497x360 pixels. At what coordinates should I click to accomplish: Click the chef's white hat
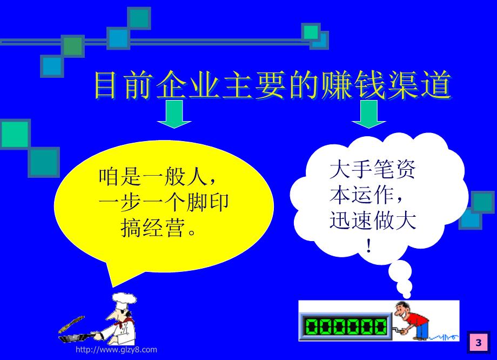125,299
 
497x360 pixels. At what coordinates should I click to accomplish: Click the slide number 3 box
478,342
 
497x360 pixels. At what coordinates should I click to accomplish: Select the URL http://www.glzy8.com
116,350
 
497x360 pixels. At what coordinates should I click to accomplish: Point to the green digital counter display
346,326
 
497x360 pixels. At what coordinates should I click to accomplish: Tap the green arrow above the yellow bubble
174,114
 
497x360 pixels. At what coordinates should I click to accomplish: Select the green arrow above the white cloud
368,114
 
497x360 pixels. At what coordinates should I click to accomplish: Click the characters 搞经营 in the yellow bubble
152,228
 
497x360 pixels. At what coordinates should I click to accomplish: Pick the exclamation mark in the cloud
368,245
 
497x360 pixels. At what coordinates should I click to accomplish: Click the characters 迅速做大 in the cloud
373,220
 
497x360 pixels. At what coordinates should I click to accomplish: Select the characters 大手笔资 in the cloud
373,169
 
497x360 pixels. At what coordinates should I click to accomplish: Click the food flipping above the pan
72,324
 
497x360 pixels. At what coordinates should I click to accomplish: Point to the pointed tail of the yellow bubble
111,286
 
